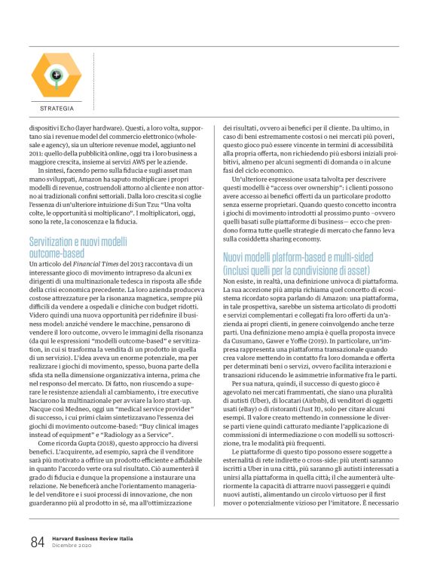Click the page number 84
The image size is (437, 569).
(37, 542)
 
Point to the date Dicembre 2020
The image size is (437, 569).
(70, 546)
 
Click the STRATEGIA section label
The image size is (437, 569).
(57, 109)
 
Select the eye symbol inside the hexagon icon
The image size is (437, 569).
(56, 74)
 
